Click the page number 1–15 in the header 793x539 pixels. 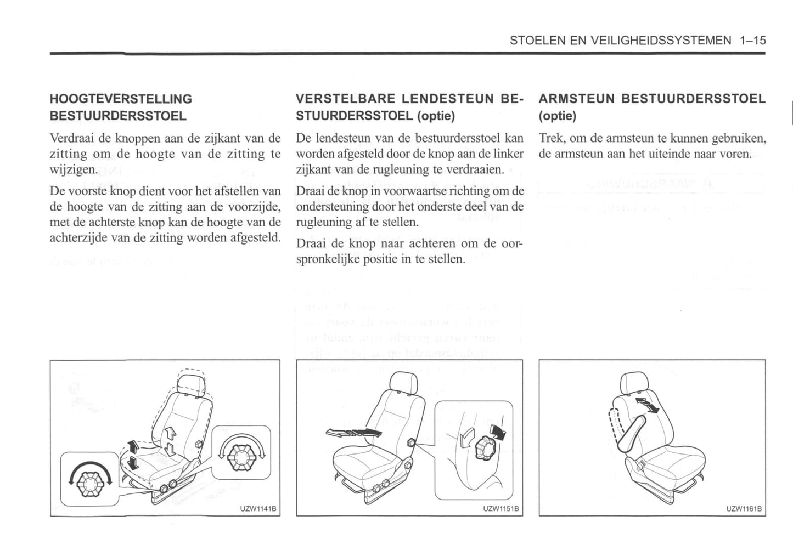point(752,40)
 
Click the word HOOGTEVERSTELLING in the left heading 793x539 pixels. point(121,99)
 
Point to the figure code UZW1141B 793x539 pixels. point(257,509)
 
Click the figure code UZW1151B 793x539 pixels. point(500,509)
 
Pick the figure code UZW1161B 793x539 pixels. point(744,509)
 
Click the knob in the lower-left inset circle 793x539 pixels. point(89,481)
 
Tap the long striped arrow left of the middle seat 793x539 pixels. point(352,433)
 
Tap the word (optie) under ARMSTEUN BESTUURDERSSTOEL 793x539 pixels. point(557,116)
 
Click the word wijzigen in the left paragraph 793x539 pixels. point(73,169)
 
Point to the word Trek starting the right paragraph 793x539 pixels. point(550,138)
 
